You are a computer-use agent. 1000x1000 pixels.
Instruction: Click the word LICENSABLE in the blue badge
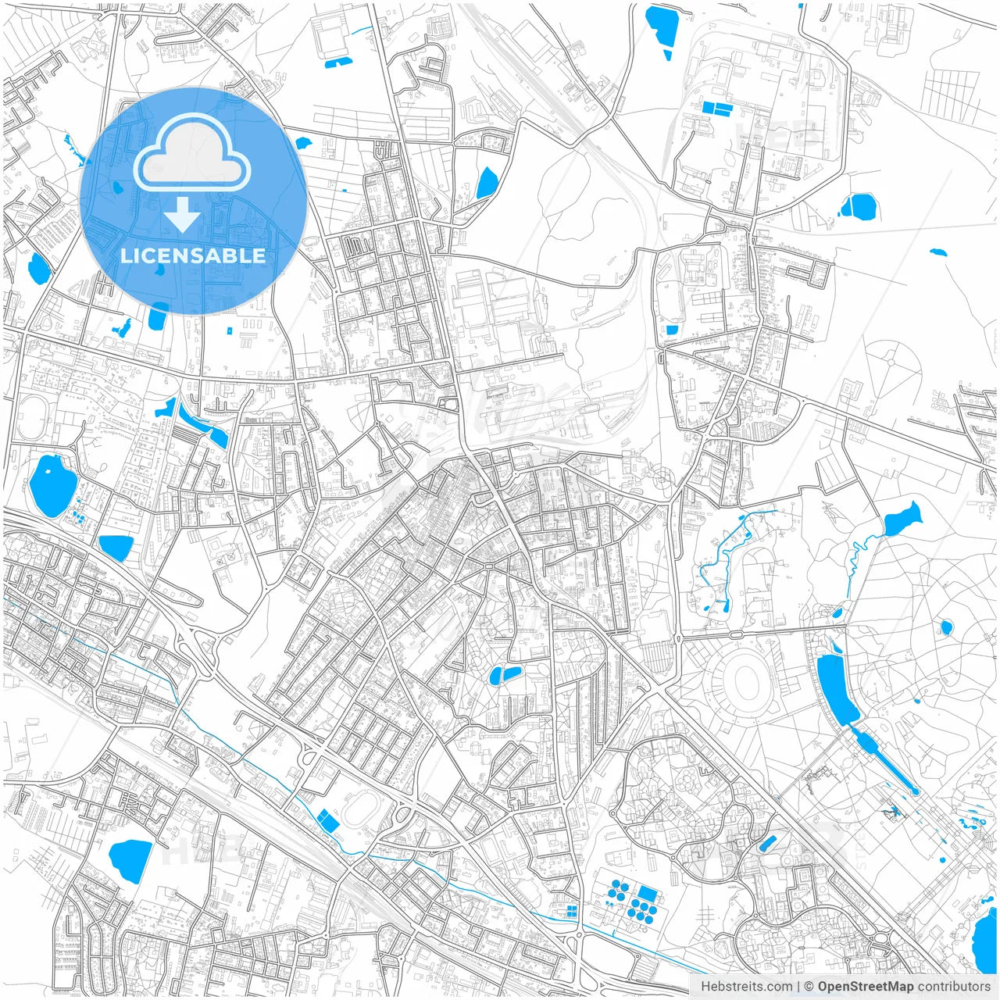(x=193, y=255)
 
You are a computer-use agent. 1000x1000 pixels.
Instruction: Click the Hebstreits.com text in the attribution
(x=746, y=987)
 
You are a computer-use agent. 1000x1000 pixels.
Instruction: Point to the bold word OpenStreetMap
(x=866, y=987)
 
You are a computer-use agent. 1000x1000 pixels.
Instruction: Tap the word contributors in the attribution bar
(x=954, y=987)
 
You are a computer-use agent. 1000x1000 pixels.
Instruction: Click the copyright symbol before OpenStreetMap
(x=809, y=987)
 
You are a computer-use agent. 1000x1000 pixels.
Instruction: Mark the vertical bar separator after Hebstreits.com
(x=798, y=987)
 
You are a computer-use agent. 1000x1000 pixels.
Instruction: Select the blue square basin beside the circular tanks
(x=648, y=893)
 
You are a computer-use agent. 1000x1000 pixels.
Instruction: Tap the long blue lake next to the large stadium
(x=835, y=688)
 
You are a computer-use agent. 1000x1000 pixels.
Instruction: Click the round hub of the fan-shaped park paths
(x=890, y=362)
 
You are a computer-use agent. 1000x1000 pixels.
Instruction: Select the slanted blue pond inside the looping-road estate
(x=767, y=844)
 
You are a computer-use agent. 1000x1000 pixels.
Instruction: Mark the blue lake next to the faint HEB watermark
(x=130, y=859)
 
